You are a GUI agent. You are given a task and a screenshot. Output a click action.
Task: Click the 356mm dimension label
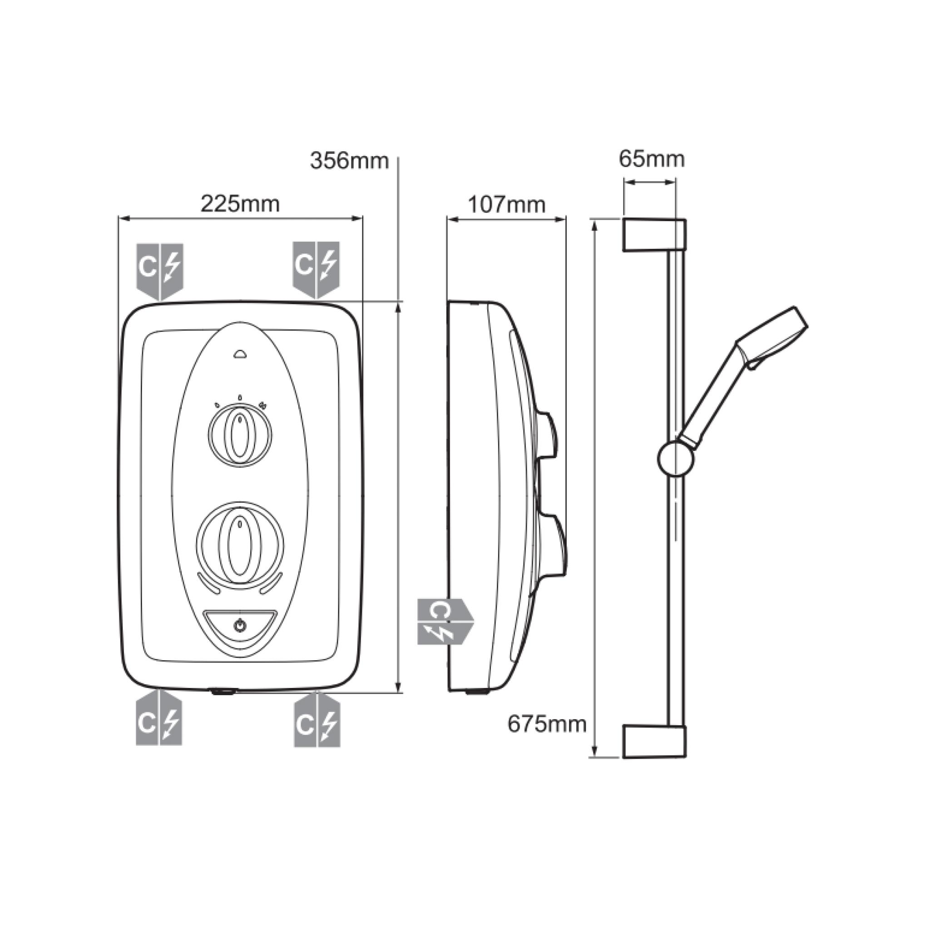349,161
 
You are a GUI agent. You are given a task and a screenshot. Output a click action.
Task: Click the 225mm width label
240,204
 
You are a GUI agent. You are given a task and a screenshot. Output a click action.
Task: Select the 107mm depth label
506,205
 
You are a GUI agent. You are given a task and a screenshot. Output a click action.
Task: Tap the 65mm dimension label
651,159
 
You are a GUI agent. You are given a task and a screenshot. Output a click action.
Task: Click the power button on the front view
240,626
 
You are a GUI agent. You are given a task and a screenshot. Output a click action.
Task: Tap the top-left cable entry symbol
160,270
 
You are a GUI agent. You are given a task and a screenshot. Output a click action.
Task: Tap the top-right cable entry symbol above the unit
316,269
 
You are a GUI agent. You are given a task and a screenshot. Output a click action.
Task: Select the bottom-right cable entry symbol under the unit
317,720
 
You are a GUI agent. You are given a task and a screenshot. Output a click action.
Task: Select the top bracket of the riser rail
655,235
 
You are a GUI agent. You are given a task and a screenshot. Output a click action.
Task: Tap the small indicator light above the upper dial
240,355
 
